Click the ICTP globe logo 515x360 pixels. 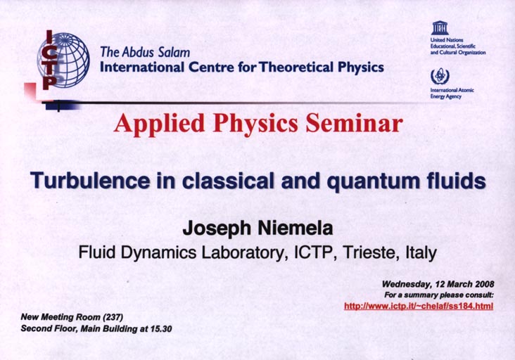point(64,60)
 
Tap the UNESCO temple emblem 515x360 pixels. point(440,28)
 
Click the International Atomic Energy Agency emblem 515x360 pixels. point(440,77)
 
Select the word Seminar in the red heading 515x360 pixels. point(354,123)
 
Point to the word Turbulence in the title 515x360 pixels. point(90,181)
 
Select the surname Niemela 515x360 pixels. point(295,228)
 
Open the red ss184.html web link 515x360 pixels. point(419,306)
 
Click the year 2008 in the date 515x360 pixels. point(484,284)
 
